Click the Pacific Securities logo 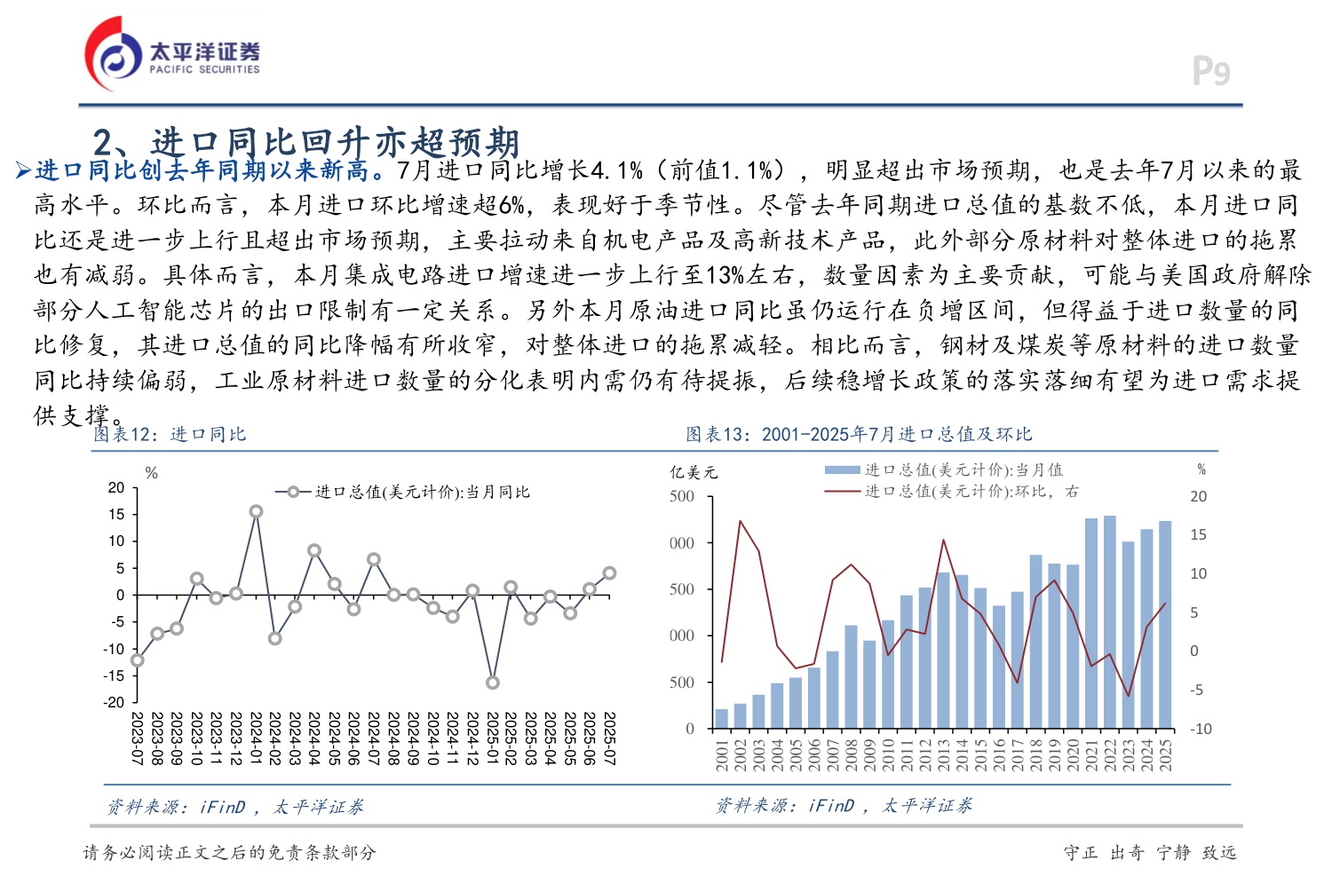click(x=172, y=55)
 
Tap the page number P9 click(x=1210, y=71)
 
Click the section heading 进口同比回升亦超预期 click(x=306, y=142)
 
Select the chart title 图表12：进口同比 click(x=170, y=434)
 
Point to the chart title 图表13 click(x=859, y=434)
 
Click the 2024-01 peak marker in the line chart click(x=256, y=511)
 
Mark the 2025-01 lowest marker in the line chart click(x=492, y=683)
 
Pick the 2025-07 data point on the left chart click(x=609, y=573)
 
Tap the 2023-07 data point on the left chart click(x=138, y=659)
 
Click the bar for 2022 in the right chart click(x=1110, y=621)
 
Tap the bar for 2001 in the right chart click(x=722, y=719)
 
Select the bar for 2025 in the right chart click(x=1165, y=624)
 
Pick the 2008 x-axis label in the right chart click(x=852, y=754)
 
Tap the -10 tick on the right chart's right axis click(x=1201, y=729)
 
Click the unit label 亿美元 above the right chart click(x=694, y=472)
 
